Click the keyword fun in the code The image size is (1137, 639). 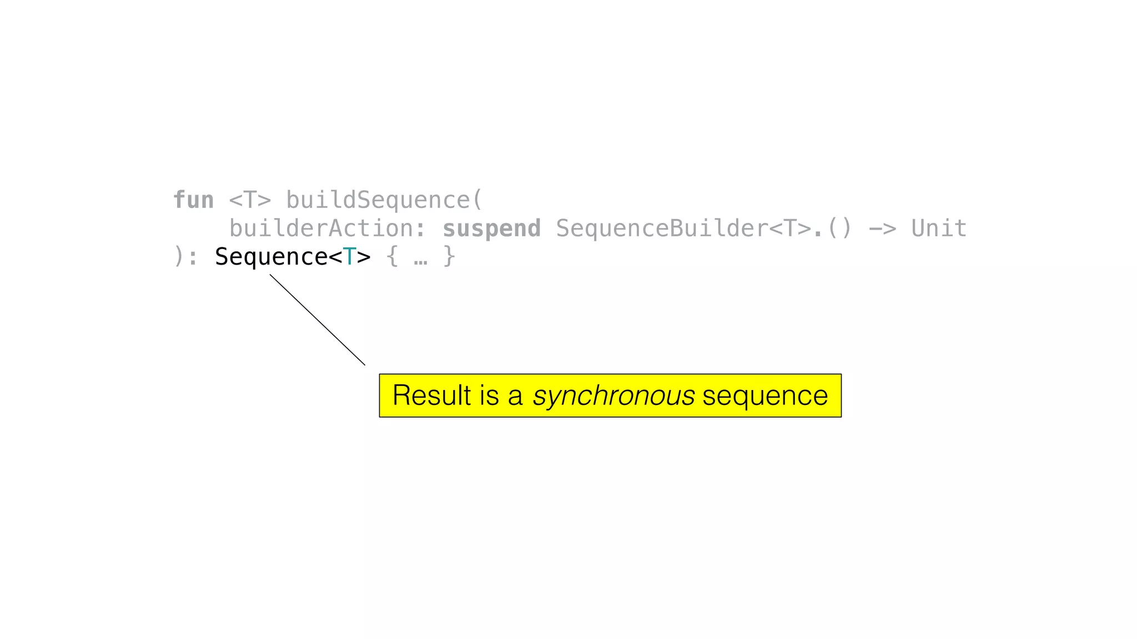pos(193,200)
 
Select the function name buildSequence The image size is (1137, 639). pos(378,200)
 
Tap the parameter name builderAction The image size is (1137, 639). pos(321,229)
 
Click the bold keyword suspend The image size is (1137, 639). pos(491,229)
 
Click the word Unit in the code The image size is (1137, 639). pos(939,229)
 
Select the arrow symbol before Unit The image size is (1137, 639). pos(882,229)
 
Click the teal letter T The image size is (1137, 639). pos(349,257)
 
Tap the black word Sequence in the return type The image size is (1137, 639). pos(271,257)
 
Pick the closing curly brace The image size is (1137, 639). pos(449,257)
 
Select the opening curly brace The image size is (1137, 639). pos(392,257)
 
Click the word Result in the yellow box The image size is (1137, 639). pos(432,395)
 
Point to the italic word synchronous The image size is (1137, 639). pos(613,396)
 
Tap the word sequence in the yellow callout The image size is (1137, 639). pos(765,396)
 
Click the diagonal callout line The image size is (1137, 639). pos(318,320)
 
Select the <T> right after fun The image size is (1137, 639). pos(250,200)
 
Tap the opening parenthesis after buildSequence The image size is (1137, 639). pos(477,200)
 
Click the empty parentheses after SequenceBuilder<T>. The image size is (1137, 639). pos(839,229)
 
